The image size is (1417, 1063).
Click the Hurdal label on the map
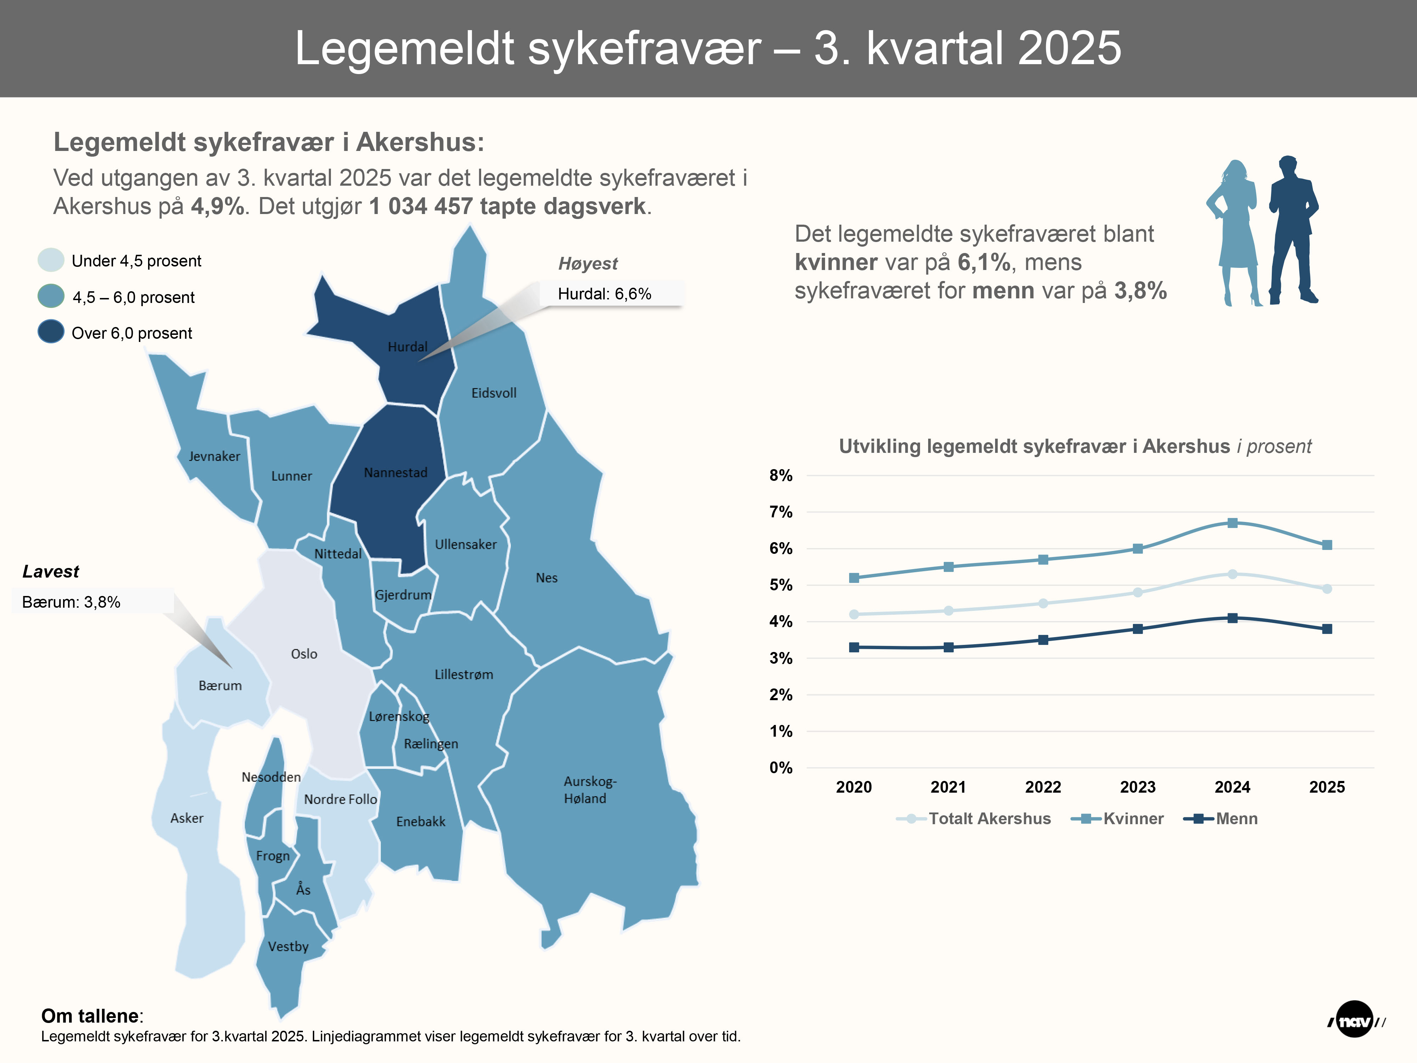click(407, 347)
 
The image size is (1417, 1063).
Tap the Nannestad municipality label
click(395, 473)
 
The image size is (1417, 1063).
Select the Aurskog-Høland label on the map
click(589, 790)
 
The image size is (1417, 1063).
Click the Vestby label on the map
click(288, 946)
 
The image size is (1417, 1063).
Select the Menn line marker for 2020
click(854, 647)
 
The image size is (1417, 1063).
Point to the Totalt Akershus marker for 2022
click(1043, 603)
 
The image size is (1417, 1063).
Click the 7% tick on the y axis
click(781, 512)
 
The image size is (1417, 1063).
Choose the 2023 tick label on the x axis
click(1138, 787)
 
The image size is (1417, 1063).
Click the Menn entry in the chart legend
click(1236, 818)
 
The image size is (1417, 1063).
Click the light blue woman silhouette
click(1235, 234)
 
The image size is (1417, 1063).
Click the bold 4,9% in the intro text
click(218, 206)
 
